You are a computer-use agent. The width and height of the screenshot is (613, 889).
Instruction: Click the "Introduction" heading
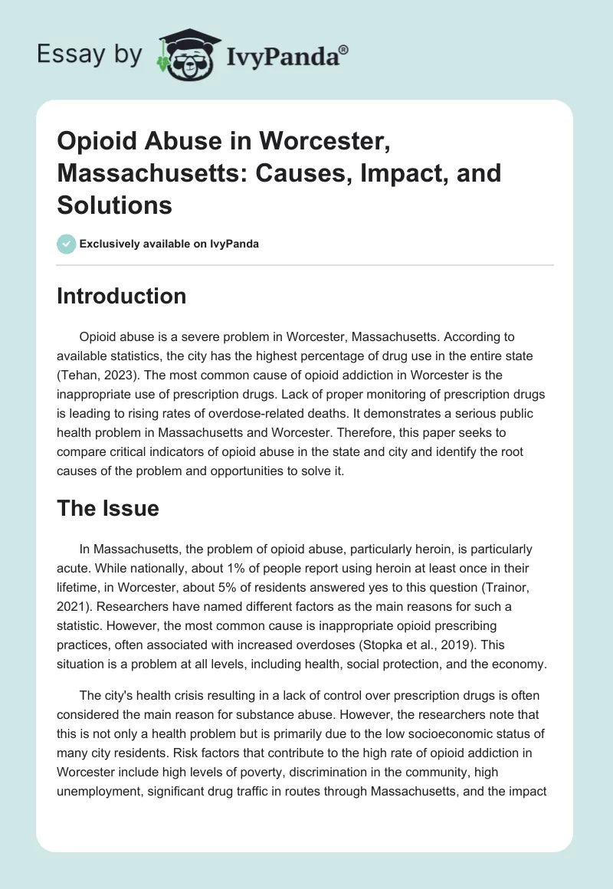point(121,297)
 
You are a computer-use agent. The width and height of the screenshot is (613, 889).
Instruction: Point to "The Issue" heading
point(107,508)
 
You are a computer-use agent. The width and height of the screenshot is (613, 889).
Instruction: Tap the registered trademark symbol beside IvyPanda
point(343,50)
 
